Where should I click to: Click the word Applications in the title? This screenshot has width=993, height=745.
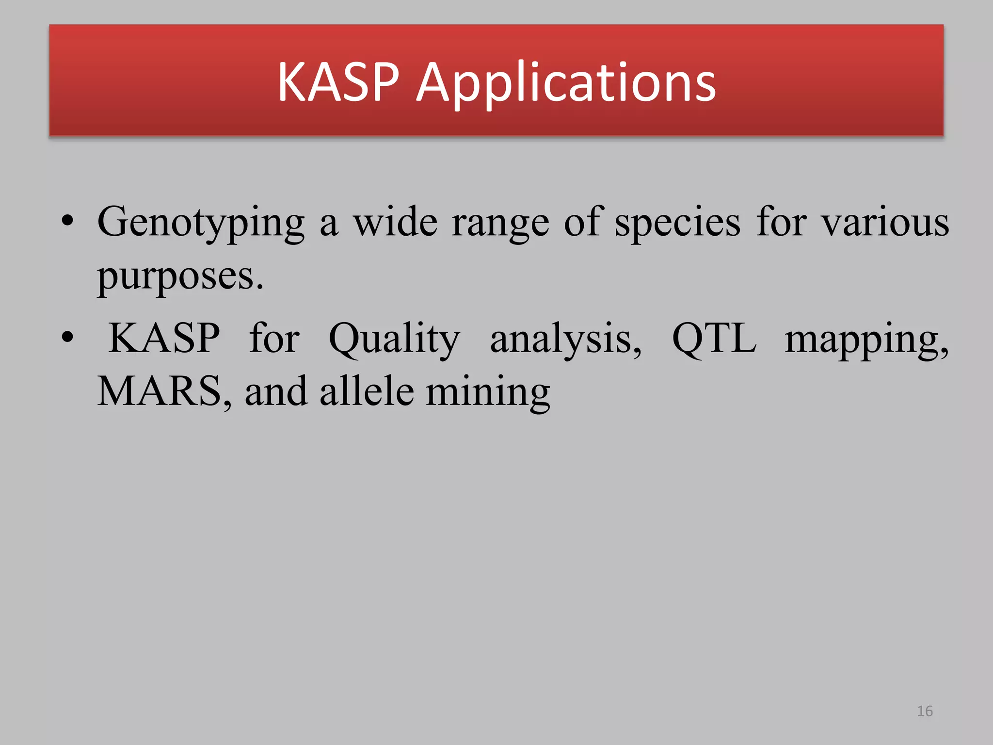(566, 83)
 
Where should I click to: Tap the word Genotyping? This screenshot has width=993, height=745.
(201, 223)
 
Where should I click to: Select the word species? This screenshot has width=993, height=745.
(677, 223)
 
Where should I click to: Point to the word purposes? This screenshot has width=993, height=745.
(180, 276)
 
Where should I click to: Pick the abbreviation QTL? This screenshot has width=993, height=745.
(714, 339)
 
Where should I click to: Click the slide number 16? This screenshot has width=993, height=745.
(925, 711)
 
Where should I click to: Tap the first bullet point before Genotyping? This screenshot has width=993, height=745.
(68, 222)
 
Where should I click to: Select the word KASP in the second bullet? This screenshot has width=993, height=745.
(164, 338)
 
